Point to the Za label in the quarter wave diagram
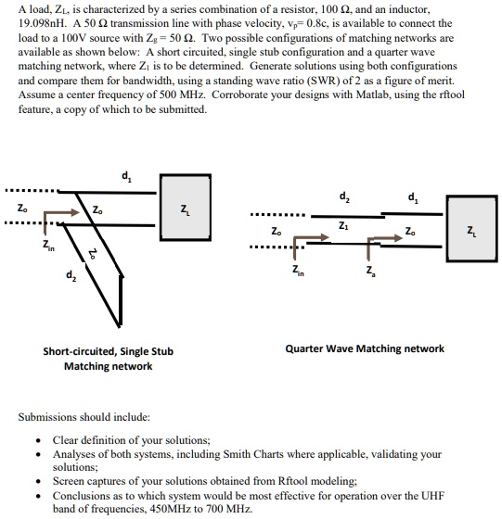tap(371, 270)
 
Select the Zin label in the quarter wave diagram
tap(296, 270)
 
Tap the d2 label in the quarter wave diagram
tap(344, 196)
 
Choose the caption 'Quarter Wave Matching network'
tap(364, 348)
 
